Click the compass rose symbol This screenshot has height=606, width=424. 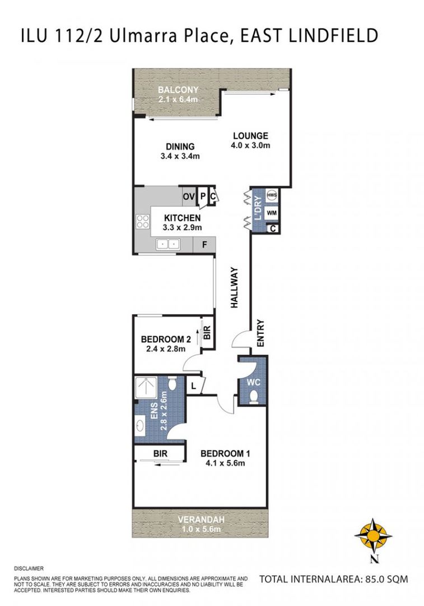pos(373,536)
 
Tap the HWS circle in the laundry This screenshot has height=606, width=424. pos(272,195)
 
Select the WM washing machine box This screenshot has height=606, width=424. pos(272,213)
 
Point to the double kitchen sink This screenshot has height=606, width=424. pos(168,244)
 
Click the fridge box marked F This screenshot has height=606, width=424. pos(204,245)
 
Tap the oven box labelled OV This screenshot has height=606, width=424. pos(189,197)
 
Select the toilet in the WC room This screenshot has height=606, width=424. pos(254,397)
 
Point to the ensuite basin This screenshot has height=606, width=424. pos(140,425)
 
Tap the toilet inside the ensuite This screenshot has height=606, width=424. pos(172,383)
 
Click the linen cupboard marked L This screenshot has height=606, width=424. pos(194,385)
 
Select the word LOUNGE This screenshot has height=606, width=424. pos(250,136)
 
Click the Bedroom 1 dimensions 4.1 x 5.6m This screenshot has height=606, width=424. pos(222,463)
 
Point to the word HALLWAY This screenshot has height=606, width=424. pos(234,287)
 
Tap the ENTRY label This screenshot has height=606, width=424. pos(260,333)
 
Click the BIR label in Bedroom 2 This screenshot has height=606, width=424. pos(207,332)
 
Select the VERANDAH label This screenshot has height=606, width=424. pos(201,520)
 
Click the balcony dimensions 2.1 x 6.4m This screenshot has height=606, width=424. pos(178,99)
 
